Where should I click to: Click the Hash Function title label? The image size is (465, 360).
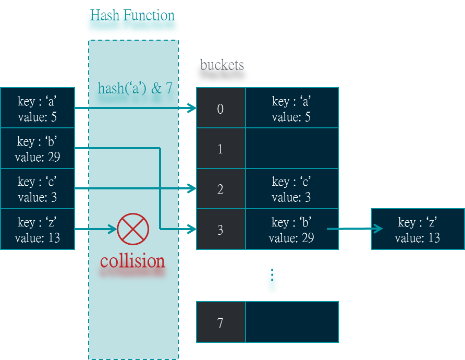132,23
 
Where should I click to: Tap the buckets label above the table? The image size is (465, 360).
222,73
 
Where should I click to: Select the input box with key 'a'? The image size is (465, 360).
37,108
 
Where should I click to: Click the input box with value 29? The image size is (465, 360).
37,149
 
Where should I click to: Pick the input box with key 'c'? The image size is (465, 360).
37,189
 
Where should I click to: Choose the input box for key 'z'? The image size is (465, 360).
37,230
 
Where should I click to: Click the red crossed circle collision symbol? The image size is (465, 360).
133,229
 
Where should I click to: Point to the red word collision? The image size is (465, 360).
132,261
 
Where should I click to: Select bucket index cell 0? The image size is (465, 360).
221,108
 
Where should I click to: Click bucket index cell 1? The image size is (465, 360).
221,149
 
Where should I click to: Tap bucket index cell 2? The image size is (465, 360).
221,189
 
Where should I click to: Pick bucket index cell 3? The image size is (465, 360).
221,230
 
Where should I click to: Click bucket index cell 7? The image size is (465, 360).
221,322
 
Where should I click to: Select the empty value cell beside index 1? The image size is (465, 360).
292,149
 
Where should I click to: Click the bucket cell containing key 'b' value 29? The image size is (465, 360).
292,230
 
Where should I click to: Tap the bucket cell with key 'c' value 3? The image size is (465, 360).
292,189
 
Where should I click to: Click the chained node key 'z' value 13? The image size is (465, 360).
418,230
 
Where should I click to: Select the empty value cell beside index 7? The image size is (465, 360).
292,322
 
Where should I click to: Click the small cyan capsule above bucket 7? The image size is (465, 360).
272,283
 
